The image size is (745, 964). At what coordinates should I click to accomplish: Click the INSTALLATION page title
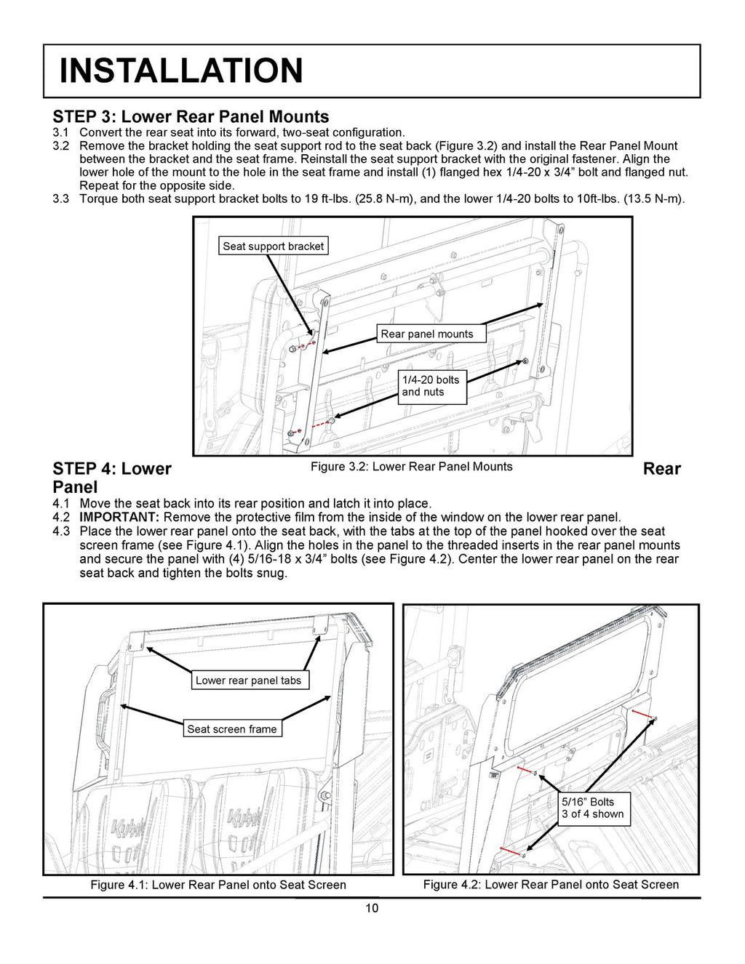(180, 71)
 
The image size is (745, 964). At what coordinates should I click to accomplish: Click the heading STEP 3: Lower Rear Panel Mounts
(191, 116)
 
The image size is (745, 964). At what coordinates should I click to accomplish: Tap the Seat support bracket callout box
(273, 246)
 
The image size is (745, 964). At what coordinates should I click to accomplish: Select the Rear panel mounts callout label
(426, 334)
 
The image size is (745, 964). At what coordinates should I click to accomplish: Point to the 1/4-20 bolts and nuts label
(431, 385)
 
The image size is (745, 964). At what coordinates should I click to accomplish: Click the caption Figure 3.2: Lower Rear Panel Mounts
(411, 467)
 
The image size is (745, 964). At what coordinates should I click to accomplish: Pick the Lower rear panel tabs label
(248, 680)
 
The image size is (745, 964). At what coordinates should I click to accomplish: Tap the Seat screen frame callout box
(231, 729)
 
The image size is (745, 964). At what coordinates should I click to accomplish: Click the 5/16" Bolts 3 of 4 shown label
(592, 808)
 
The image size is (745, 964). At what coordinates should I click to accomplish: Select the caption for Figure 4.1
(218, 885)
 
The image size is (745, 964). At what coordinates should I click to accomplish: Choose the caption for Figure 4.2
(551, 885)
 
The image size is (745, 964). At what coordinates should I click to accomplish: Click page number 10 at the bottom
(372, 908)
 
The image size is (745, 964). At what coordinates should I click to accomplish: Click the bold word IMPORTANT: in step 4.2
(119, 517)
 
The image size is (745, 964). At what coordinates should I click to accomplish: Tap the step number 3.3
(60, 198)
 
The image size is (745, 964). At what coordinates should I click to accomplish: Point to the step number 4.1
(61, 503)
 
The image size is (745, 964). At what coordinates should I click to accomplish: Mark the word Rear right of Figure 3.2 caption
(661, 469)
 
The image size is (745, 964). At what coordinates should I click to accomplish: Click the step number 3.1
(60, 132)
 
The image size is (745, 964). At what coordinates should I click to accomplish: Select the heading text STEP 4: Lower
(112, 469)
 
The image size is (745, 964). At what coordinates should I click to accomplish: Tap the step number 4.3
(61, 531)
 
